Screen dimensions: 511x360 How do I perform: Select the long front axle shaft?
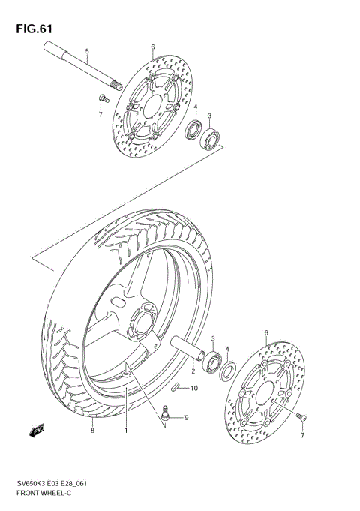coord(79,66)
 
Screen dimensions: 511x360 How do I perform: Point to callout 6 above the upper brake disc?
coord(152,47)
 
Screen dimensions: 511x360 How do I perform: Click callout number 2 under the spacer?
coord(193,371)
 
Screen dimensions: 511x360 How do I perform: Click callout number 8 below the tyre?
coord(91,430)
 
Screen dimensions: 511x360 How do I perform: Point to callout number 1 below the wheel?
coord(126,430)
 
